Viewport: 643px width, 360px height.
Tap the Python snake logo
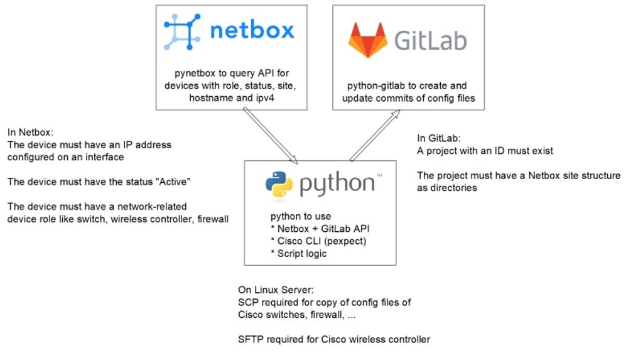pos(279,183)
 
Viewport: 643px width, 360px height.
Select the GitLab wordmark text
pos(430,40)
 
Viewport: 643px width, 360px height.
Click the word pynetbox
pos(195,74)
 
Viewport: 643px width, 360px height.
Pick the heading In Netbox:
pos(30,133)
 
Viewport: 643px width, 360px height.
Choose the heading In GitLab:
pos(441,138)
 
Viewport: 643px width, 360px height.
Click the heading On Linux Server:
pos(274,290)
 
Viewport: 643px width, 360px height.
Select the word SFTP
pos(250,339)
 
